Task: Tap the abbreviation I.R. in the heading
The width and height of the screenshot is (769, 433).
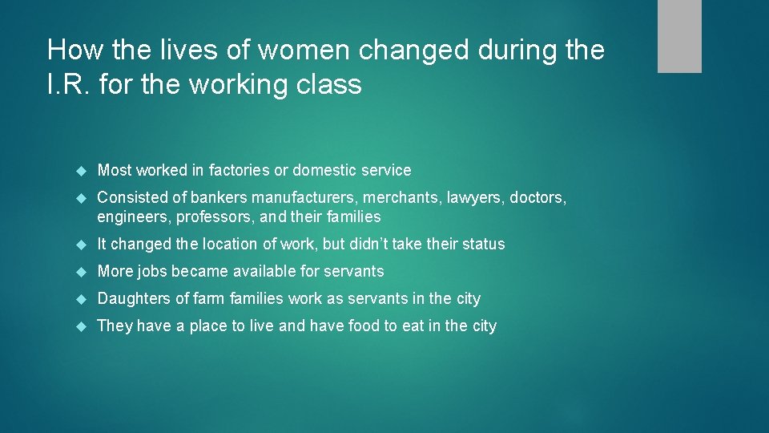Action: [69, 84]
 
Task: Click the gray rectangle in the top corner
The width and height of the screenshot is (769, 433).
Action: [679, 36]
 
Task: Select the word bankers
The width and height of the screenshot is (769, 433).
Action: [219, 197]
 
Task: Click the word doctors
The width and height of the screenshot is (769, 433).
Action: [539, 197]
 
